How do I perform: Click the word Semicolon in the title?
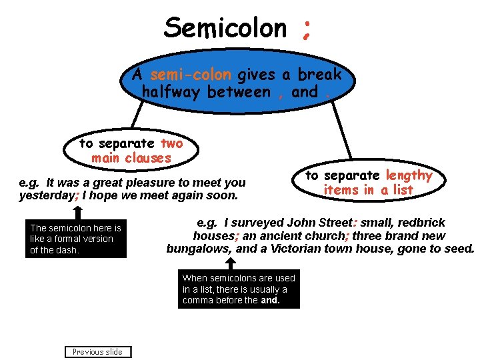pos(225,28)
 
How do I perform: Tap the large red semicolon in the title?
pos(306,29)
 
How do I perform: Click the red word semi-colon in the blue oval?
pos(191,75)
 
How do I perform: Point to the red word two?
pos(171,143)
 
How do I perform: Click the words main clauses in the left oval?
pos(131,158)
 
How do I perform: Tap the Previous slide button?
pos(97,352)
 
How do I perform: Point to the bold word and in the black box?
pos(269,301)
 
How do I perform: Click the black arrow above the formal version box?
pos(78,212)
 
